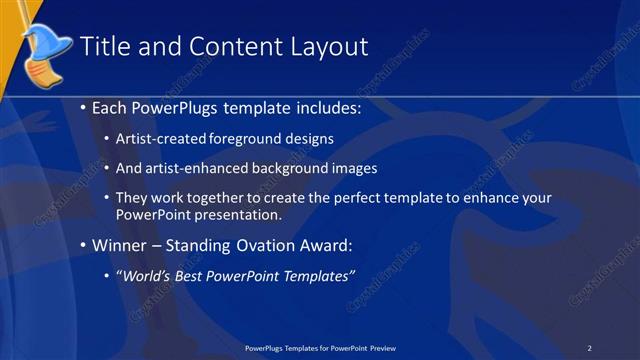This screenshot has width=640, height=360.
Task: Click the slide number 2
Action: [x=590, y=347]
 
